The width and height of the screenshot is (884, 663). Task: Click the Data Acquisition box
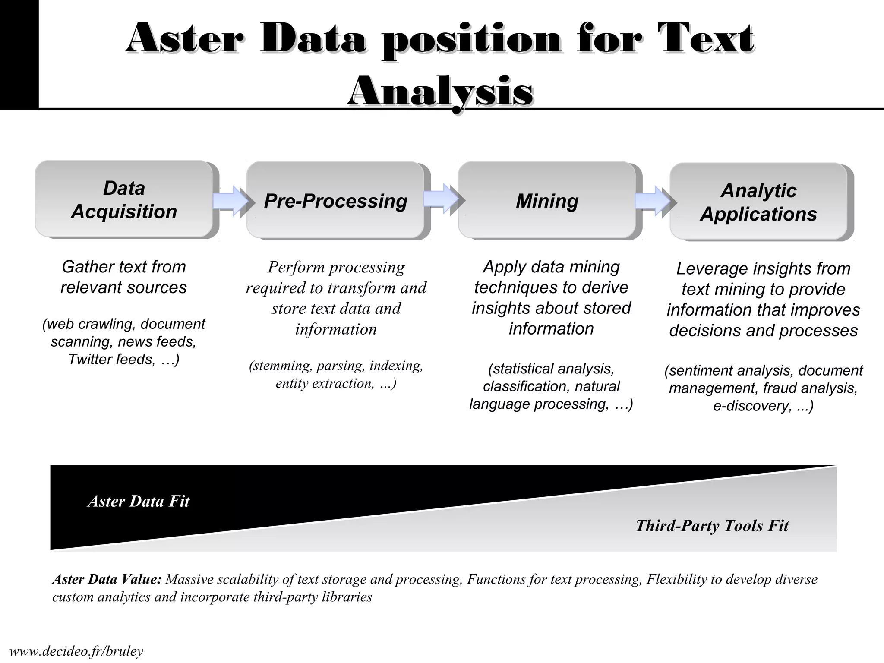click(124, 199)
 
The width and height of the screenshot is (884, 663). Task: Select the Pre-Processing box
click(335, 201)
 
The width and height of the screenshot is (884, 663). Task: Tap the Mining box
click(547, 201)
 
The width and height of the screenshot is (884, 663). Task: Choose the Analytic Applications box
click(758, 202)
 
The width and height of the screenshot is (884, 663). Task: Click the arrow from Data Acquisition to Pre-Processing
click(231, 201)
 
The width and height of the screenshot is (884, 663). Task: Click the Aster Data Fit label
click(139, 501)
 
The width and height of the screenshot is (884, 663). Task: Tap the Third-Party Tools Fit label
click(712, 526)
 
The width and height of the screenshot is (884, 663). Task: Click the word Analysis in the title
click(440, 92)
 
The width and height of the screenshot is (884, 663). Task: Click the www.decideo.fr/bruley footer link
click(76, 651)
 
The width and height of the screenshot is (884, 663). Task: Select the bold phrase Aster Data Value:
click(107, 579)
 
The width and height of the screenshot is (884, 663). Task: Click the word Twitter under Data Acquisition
click(89, 360)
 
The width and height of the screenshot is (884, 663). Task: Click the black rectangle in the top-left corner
click(19, 54)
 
